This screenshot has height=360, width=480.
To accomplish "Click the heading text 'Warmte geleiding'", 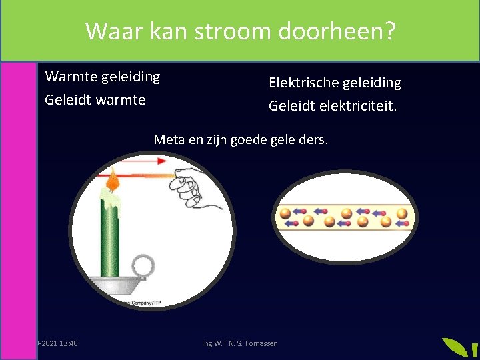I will coord(102,77).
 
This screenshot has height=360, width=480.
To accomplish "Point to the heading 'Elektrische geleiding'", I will coord(335,83).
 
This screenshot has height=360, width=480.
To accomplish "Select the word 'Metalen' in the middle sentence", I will coord(177,139).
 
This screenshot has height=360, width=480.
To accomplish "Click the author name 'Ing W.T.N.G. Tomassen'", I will coord(240,343).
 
